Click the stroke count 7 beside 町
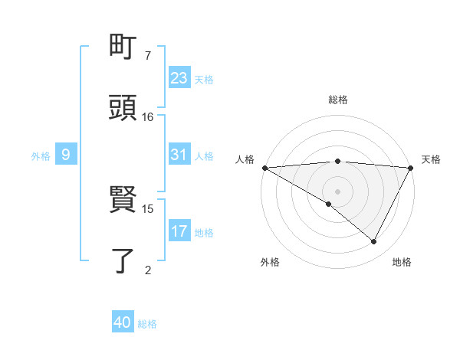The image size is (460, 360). tap(147, 56)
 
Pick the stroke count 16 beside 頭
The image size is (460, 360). tap(148, 116)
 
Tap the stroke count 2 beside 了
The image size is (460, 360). tap(147, 269)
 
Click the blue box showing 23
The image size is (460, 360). tap(179, 77)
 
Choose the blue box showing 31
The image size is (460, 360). tap(179, 155)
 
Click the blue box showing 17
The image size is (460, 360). tap(179, 231)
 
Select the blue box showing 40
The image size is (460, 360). tap(123, 322)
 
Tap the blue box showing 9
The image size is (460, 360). tap(66, 155)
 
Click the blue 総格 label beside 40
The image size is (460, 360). tap(147, 324)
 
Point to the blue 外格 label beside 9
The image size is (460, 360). tap(41, 156)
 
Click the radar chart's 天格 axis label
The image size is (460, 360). tap(431, 159)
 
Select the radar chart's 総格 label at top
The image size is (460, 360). tap(337, 100)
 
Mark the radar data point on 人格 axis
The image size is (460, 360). tap(264, 168)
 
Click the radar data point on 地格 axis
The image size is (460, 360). tap(374, 242)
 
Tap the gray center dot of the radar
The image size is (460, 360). tap(337, 191)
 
